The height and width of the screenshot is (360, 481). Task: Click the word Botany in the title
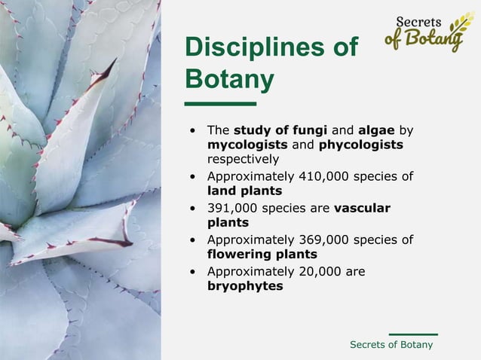(x=229, y=78)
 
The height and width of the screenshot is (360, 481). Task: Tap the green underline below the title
(x=220, y=103)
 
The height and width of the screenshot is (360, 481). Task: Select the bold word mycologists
(x=245, y=144)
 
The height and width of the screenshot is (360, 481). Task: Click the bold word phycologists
(x=360, y=144)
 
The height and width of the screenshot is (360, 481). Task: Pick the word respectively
(x=243, y=159)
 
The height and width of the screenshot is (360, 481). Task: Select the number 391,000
(x=233, y=208)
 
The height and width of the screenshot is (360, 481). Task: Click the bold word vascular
(x=362, y=208)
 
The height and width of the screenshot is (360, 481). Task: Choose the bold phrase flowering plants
(x=262, y=255)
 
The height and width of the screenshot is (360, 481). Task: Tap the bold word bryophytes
(x=244, y=286)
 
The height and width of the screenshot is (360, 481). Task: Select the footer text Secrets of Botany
(x=391, y=344)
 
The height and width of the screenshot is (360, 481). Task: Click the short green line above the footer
(x=412, y=333)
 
